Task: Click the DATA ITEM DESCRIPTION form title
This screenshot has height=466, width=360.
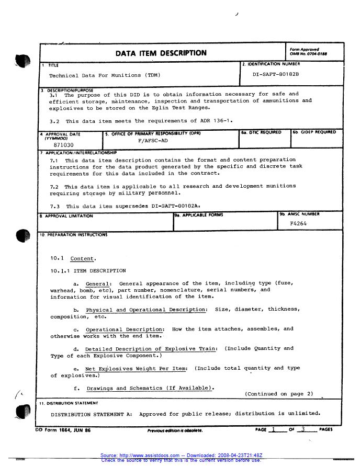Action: pyautogui.click(x=161, y=53)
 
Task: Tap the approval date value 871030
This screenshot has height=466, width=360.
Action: pyautogui.click(x=64, y=145)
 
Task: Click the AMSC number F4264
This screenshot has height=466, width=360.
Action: pyautogui.click(x=298, y=223)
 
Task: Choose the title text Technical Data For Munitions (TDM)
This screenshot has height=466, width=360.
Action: pyautogui.click(x=105, y=75)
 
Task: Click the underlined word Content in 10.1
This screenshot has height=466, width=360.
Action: pyautogui.click(x=83, y=258)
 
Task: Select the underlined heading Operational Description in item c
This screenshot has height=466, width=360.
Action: pyautogui.click(x=125, y=329)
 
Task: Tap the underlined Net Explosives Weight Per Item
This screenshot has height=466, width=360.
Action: pyautogui.click(x=136, y=368)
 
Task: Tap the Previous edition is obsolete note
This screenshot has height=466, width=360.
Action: pyautogui.click(x=175, y=431)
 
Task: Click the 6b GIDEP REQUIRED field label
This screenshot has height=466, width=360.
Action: pyautogui.click(x=314, y=132)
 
